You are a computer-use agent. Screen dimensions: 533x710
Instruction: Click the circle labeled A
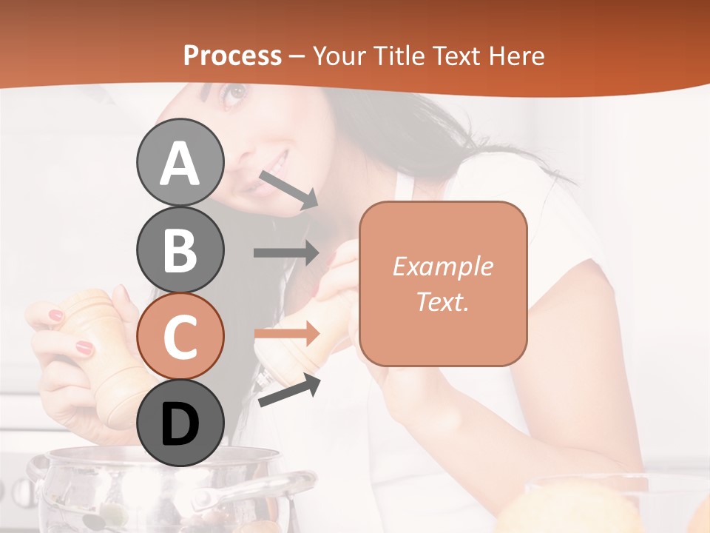[180, 162]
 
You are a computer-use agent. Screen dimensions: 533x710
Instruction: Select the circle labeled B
[180, 249]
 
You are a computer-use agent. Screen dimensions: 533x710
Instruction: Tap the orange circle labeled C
[180, 336]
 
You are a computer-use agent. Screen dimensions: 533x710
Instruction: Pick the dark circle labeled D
[180, 423]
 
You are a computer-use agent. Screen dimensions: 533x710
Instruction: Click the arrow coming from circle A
[288, 190]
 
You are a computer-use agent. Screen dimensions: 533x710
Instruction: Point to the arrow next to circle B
[286, 252]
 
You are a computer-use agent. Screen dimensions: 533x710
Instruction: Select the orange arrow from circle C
[286, 334]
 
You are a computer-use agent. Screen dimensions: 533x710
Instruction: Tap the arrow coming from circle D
[289, 390]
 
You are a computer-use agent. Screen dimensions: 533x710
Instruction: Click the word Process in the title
[232, 56]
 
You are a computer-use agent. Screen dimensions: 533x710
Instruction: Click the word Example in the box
[442, 266]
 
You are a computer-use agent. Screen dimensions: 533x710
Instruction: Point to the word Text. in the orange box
[442, 301]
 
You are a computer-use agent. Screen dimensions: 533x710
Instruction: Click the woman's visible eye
[234, 93]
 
